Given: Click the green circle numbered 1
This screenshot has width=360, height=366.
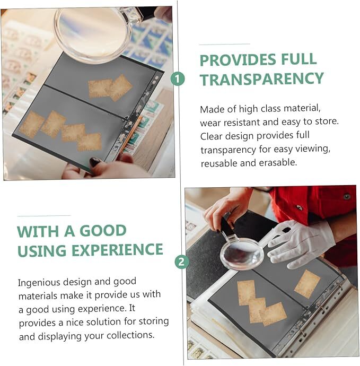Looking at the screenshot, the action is point(178,79).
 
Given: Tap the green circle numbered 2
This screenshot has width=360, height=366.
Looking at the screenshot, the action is point(181,262).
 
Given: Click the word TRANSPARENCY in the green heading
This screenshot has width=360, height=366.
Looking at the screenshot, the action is point(262,79).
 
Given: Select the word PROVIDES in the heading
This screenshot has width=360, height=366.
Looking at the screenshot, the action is point(238,60).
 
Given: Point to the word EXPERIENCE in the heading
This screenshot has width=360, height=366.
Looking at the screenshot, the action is point(117,250).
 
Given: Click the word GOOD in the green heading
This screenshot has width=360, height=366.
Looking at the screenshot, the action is point(103,231).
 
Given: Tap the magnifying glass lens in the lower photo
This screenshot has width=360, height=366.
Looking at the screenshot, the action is point(242,255).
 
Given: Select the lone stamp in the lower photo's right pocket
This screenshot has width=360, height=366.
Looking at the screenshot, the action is point(307,284).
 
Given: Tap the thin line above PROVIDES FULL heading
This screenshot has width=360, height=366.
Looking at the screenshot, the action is point(225,44).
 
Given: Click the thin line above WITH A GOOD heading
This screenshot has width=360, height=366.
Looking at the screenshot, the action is point(44,216).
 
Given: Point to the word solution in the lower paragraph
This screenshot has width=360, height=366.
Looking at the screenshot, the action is point(104,322).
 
